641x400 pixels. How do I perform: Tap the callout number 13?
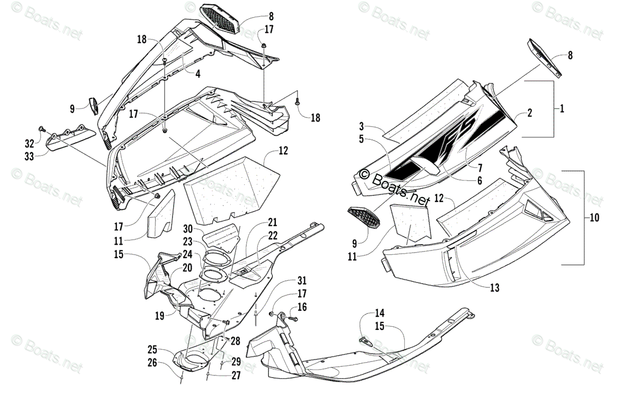click(495, 288)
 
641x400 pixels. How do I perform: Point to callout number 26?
click(153, 364)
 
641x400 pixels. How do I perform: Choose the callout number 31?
click(302, 281)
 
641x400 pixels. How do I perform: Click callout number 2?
click(529, 113)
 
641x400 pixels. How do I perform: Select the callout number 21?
click(272, 222)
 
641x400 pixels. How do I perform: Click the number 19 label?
click(159, 315)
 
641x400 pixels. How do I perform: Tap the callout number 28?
click(236, 341)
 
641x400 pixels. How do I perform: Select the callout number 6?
click(479, 181)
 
